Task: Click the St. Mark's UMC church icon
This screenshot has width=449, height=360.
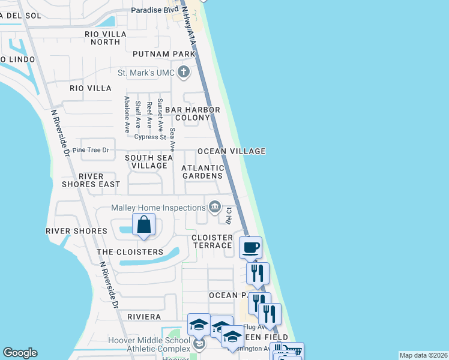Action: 184,73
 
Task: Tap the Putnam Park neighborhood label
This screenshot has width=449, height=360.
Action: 164,54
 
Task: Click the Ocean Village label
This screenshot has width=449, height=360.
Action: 231,151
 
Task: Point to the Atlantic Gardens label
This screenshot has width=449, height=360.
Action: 203,172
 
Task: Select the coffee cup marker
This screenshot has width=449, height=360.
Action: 250,247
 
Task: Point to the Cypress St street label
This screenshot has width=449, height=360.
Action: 150,137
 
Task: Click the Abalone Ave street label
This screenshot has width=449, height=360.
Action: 127,114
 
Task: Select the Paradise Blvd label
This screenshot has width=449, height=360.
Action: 154,11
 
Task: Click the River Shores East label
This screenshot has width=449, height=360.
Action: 91,180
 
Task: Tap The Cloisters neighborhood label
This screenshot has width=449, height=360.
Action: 130,252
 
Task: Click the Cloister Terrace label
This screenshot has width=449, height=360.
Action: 212,241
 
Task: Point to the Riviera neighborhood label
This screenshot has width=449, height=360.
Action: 143,316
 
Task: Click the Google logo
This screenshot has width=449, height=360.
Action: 20,353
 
